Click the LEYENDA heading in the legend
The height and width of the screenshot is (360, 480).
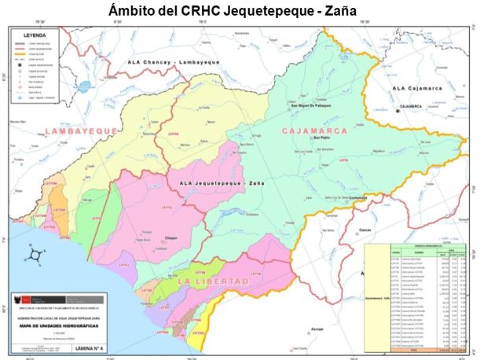click(x=35, y=35)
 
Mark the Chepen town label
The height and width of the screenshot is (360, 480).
click(x=173, y=236)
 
